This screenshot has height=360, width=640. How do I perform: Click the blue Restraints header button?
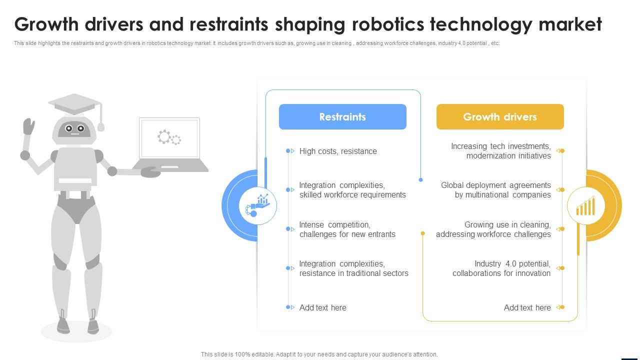click(342, 117)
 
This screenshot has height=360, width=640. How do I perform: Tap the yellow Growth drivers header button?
click(500, 117)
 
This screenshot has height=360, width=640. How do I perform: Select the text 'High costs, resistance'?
click(338, 151)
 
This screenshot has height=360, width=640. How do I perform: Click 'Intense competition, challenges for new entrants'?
click(347, 229)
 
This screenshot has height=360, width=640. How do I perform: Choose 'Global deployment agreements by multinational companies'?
click(496, 190)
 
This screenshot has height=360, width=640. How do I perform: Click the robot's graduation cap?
click(75, 104)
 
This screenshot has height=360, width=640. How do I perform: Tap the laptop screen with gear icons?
click(169, 137)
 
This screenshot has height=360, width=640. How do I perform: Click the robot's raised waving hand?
click(28, 126)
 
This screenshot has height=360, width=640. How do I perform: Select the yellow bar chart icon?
click(585, 205)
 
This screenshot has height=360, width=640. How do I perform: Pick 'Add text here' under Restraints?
click(322, 307)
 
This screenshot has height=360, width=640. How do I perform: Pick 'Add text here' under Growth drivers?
click(527, 307)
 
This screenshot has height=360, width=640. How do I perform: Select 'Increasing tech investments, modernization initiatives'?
click(500, 151)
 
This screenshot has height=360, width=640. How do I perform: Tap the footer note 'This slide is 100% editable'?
click(319, 354)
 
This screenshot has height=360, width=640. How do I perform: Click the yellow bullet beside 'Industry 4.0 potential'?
click(561, 268)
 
